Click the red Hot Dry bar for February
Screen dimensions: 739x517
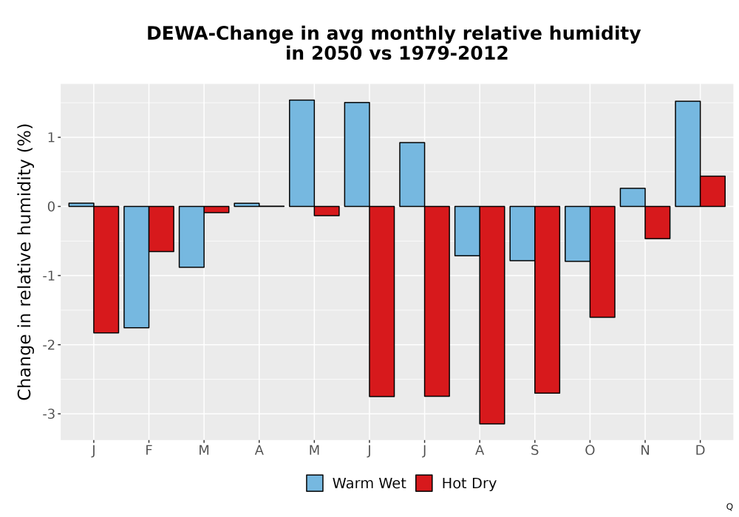point(161,229)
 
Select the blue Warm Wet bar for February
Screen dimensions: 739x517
point(137,267)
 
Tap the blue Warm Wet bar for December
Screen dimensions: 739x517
point(687,154)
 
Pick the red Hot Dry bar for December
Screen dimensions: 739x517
point(712,191)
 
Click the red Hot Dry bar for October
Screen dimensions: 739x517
point(602,261)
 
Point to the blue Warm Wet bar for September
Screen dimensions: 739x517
point(522,233)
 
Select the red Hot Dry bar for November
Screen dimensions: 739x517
point(658,222)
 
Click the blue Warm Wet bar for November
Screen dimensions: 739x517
point(633,197)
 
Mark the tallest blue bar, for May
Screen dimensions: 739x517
point(302,154)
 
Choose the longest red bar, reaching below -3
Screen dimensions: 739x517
point(492,315)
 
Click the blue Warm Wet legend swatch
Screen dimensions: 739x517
point(315,483)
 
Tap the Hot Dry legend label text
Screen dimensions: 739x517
point(469,484)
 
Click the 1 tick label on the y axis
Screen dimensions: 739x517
point(52,137)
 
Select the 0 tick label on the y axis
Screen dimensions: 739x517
point(52,207)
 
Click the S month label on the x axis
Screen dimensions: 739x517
point(534,451)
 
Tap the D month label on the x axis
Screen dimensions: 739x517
point(700,451)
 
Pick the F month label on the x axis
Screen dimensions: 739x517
point(149,451)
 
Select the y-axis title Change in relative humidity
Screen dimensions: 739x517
point(25,261)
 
